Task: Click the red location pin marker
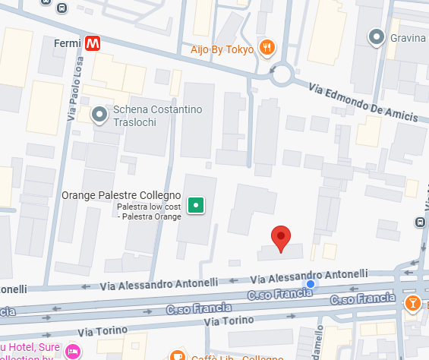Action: point(282,238)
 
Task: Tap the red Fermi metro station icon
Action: point(93,44)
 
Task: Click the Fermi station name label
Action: point(68,44)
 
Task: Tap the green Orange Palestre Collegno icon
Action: point(197,204)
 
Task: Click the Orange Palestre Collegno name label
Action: point(121,195)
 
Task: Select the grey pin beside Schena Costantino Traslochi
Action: point(99,115)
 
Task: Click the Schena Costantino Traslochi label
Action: point(157,115)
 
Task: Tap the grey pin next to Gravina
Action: point(376,36)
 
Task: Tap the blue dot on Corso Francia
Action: point(309,285)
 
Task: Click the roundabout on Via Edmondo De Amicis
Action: point(282,74)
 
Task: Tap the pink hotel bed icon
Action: point(72,351)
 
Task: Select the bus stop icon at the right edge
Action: point(420,223)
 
